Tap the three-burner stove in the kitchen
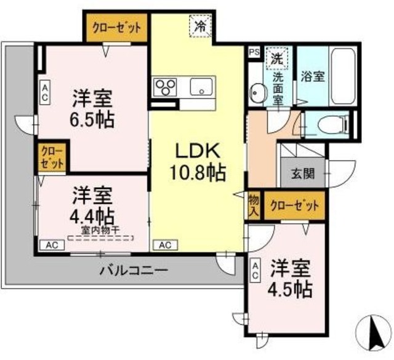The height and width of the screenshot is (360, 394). [x=165, y=86]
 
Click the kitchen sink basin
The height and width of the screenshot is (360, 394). [x=201, y=87]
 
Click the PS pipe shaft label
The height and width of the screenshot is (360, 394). [x=253, y=53]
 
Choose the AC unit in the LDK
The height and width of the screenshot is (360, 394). [x=165, y=244]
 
